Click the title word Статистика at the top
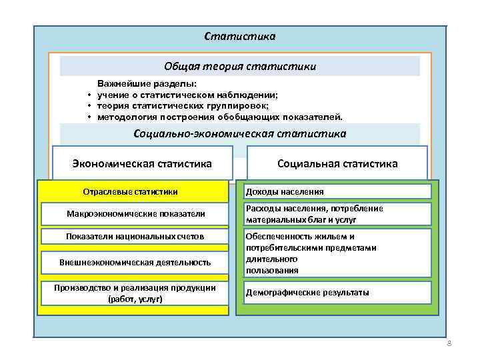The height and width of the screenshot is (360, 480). pos(239,36)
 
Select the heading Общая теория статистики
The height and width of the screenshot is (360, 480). pos(240,67)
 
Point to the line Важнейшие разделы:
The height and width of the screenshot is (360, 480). pos(147,85)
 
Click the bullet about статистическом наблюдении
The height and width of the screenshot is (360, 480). pos(187,95)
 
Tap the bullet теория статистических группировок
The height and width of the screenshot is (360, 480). pos(183,106)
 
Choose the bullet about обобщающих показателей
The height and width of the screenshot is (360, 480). pos(220,117)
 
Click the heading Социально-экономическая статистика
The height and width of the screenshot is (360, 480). pos(240,134)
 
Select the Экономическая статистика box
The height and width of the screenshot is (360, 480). pos(142,163)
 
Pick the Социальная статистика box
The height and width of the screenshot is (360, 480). pos(337,163)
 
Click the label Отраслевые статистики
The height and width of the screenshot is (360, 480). pos(130,191)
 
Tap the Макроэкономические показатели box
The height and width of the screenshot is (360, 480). pos(136,214)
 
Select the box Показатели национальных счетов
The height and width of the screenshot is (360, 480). pos(135,237)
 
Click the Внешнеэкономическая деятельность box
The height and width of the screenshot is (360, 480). pos(135,262)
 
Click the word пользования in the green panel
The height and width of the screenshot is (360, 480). pos(272,270)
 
